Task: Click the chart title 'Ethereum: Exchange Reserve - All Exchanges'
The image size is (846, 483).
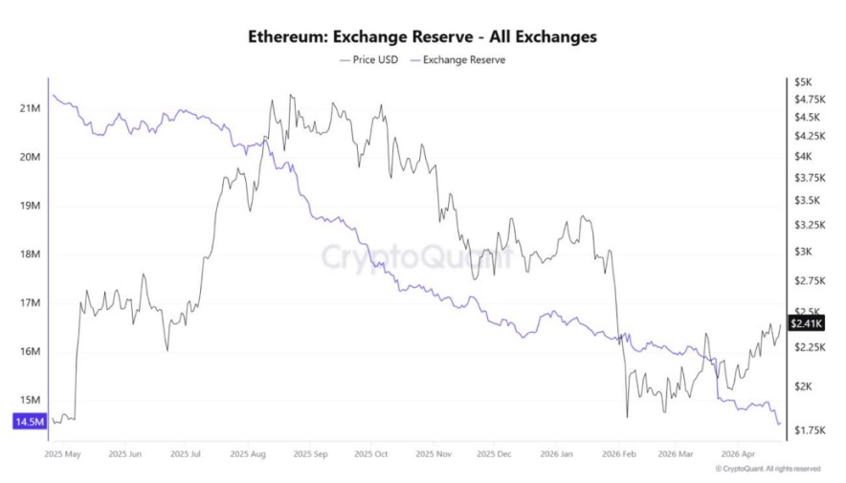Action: (422, 37)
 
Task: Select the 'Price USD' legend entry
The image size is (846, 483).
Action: (370, 59)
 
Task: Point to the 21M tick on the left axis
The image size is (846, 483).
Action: (28, 108)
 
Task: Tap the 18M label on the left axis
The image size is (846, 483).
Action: (28, 254)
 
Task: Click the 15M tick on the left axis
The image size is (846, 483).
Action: (28, 400)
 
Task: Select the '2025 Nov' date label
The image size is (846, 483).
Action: (434, 454)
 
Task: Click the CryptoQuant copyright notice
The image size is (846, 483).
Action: (768, 469)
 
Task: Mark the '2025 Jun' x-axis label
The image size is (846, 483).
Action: (125, 454)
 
